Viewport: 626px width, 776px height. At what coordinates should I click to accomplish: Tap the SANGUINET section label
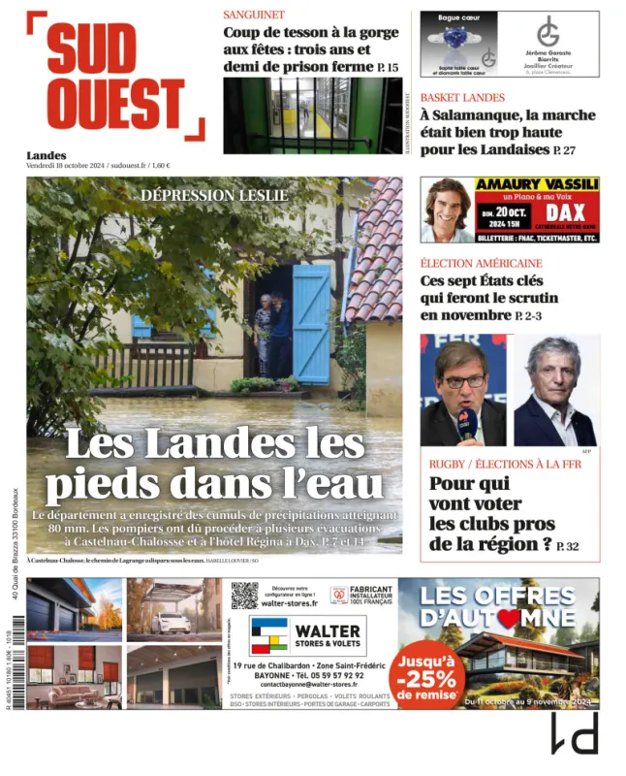[254, 15]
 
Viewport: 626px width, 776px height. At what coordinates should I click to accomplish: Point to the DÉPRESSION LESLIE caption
[214, 195]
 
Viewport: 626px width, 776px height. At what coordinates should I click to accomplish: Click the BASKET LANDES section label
[462, 97]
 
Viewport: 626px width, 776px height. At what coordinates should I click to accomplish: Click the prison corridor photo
[312, 115]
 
